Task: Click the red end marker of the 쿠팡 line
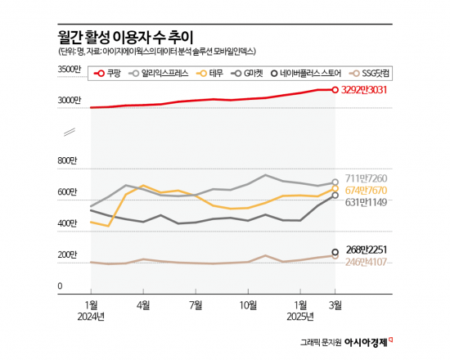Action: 335,90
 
